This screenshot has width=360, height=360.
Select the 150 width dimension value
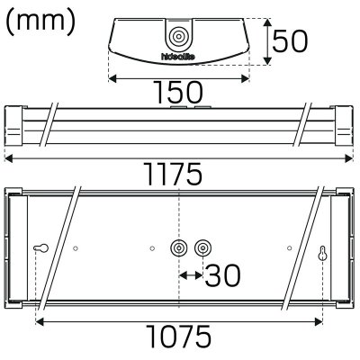click(x=177, y=92)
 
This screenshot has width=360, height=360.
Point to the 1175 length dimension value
click(x=180, y=176)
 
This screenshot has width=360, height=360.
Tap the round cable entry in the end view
click(x=178, y=37)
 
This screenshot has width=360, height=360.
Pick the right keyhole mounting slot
click(x=322, y=253)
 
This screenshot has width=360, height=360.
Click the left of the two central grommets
click(x=177, y=248)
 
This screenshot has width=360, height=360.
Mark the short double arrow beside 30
click(x=189, y=274)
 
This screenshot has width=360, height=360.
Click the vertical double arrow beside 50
click(x=267, y=40)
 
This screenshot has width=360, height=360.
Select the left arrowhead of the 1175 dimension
click(x=7, y=159)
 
